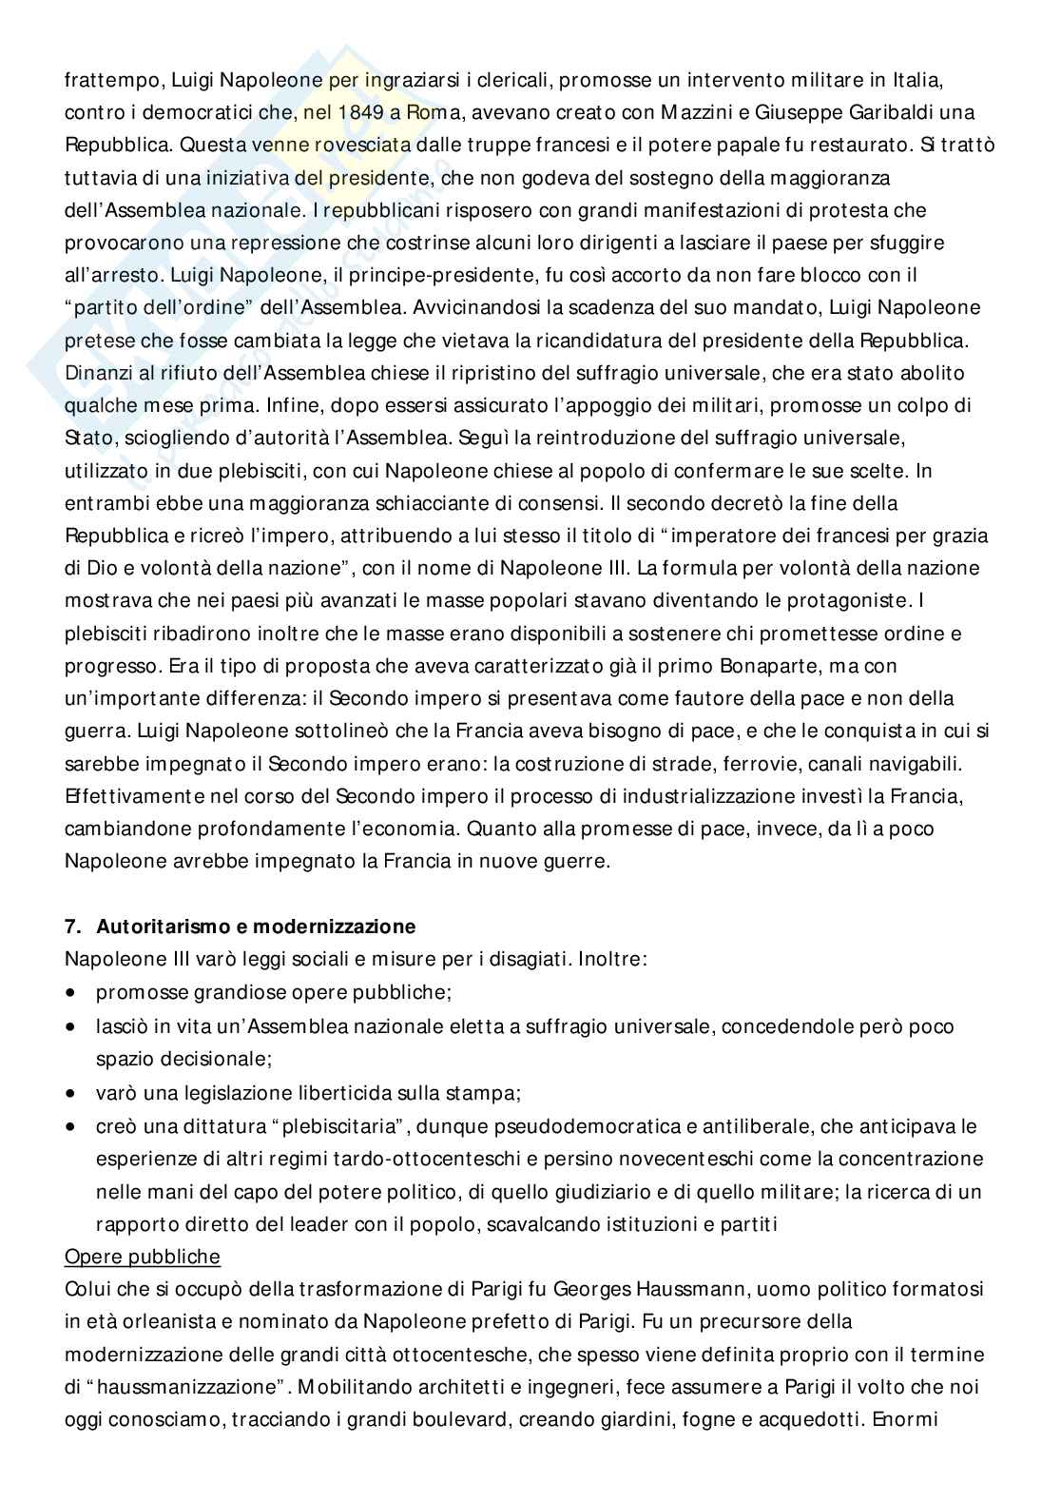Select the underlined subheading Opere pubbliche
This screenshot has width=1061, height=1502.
(142, 1257)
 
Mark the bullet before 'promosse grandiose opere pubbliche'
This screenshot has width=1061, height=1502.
(72, 992)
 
